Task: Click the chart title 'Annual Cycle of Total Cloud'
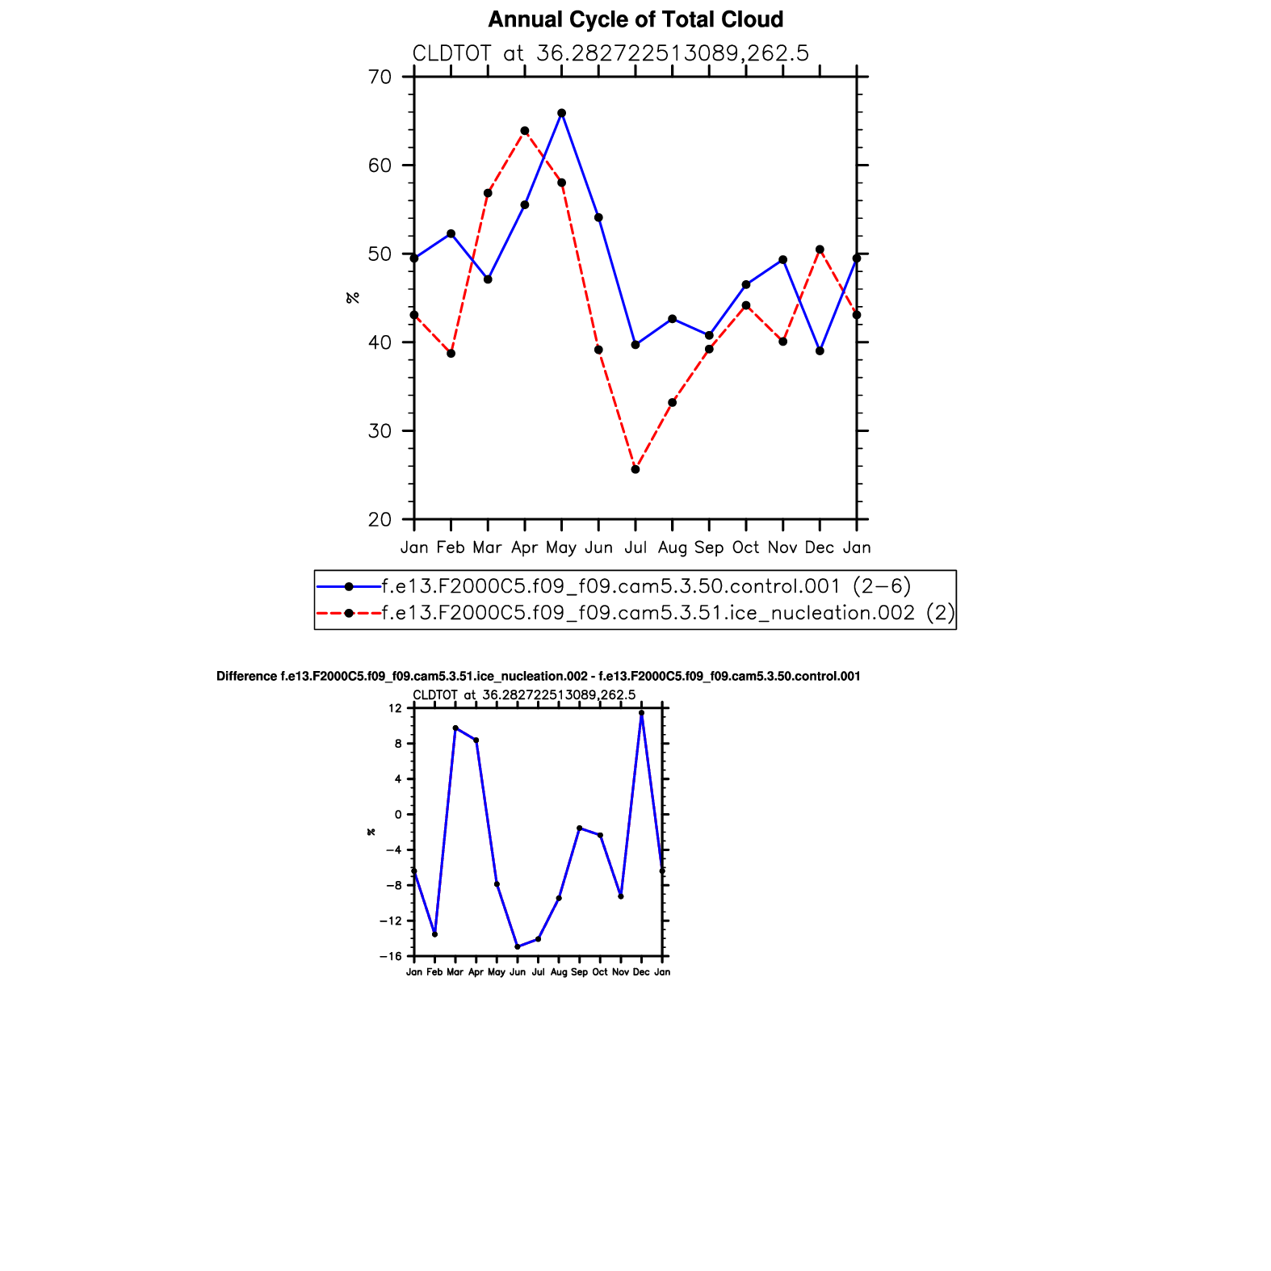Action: [635, 19]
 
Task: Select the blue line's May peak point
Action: [562, 113]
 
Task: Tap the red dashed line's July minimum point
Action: [635, 469]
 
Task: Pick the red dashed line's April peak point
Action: [525, 131]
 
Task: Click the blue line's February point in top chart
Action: [451, 234]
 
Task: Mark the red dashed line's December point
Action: [820, 250]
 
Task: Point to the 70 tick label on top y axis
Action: [380, 78]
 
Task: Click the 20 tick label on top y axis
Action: [380, 520]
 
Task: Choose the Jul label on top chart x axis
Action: [635, 547]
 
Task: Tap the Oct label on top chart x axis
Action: [745, 547]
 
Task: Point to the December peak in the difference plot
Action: [641, 713]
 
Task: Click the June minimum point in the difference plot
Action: [518, 946]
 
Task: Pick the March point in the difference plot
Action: [455, 728]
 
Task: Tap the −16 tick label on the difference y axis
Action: [392, 956]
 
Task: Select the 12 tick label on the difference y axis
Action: [395, 708]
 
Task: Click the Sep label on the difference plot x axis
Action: [579, 972]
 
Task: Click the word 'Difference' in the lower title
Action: [246, 677]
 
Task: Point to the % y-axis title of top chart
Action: [352, 298]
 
